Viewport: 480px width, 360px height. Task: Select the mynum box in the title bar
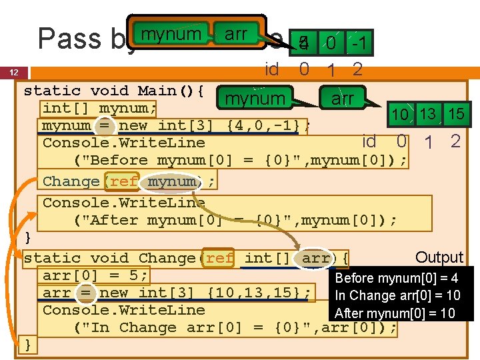(171, 33)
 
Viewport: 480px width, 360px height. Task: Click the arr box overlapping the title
(236, 33)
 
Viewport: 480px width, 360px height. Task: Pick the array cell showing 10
(400, 115)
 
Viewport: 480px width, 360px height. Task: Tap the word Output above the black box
(439, 257)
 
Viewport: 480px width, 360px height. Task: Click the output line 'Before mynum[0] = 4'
(396, 278)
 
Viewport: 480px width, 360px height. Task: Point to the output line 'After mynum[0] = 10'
(394, 313)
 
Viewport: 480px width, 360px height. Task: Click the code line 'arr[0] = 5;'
(95, 275)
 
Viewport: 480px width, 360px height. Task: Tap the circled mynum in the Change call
(171, 181)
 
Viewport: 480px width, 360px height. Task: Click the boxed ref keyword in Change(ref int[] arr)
(220, 257)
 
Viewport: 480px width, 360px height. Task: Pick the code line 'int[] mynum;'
(99, 108)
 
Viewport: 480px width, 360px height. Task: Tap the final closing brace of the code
(28, 344)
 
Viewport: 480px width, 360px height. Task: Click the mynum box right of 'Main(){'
(255, 99)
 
